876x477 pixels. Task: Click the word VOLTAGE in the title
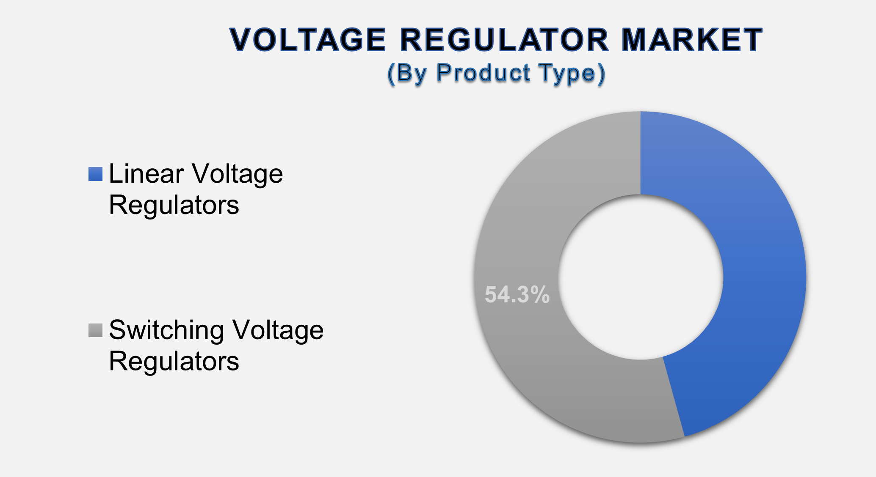308,40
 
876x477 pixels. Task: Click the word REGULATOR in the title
504,40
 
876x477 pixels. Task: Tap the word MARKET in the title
693,40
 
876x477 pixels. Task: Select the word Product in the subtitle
483,73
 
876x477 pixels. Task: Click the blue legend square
95,174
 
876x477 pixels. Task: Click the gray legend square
95,330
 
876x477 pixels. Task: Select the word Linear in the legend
146,173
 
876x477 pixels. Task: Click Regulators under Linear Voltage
174,206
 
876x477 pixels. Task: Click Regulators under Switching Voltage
174,362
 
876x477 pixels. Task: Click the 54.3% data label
517,294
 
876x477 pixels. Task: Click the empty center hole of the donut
640,277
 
